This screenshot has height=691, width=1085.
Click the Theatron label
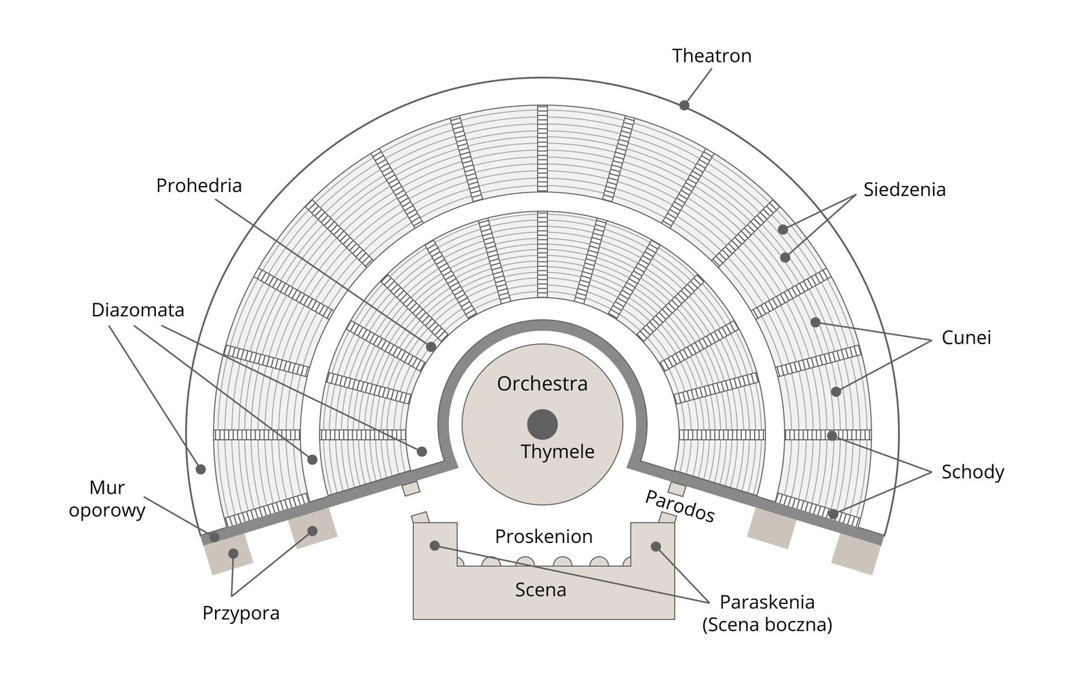point(711,56)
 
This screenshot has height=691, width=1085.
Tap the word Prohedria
point(199,185)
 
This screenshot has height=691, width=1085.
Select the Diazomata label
point(138,310)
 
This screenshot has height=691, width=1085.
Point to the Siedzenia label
point(904,189)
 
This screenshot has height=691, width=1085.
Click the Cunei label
point(966,337)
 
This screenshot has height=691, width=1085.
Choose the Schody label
point(972,472)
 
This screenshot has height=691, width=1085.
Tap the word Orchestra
point(542,384)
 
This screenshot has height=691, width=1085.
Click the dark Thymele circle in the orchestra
point(542,424)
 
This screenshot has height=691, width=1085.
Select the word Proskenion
point(543,536)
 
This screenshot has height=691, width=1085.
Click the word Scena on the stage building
point(540,589)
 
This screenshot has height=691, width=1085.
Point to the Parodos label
point(679,506)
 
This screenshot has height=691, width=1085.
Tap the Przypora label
point(241,613)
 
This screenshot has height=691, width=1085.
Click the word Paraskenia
point(766,601)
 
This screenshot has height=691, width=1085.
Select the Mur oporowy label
point(107,499)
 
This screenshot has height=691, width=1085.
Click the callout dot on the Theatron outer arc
point(684,105)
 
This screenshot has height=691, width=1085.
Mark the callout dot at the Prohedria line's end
point(431,347)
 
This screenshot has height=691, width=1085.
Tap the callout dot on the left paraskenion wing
point(435,546)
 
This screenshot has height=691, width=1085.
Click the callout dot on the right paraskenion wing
point(656,546)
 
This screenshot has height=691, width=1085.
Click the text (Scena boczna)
point(766,624)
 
